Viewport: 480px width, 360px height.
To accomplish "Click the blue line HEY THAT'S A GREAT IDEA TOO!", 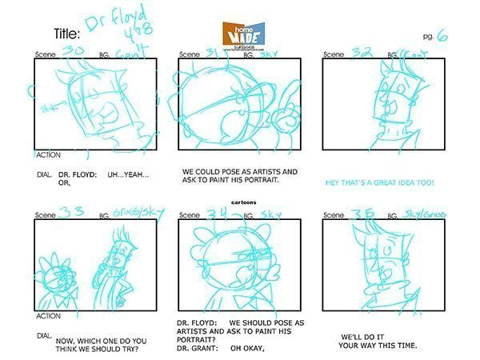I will (380, 182).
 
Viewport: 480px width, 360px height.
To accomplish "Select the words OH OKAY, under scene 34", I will (248, 347).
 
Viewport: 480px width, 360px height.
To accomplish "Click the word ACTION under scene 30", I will (47, 154).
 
